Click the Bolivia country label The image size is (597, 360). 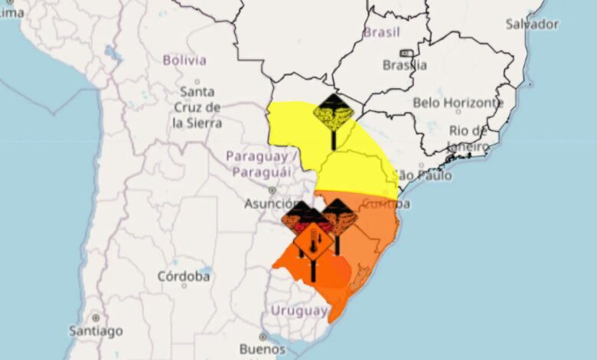click(184, 60)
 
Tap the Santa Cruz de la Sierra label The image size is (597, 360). click(197, 108)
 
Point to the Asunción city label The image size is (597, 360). click(270, 204)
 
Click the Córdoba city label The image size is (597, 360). click(184, 276)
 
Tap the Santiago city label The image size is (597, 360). click(95, 331)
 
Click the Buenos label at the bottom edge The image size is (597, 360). click(262, 349)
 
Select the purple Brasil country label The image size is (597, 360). click(382, 32)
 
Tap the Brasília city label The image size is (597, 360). click(406, 65)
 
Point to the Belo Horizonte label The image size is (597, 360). click(458, 102)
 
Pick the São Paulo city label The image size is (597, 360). click(422, 175)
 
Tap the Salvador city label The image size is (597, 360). click(532, 24)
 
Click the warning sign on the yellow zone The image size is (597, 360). click(334, 115)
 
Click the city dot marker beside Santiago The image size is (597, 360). click(95, 318)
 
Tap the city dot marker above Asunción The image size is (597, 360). click(272, 190)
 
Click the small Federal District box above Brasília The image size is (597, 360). click(406, 54)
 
